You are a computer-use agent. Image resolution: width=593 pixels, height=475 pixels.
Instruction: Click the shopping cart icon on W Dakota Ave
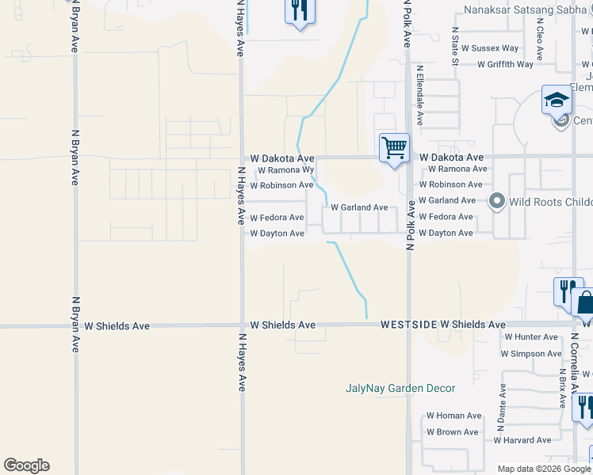394,148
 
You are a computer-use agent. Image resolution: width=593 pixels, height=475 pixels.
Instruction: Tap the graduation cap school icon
557,100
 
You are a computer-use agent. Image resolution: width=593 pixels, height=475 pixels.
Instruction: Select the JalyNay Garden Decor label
400,388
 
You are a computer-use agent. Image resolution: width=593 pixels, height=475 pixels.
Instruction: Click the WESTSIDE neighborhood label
408,325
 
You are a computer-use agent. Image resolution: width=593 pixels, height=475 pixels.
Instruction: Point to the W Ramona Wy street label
286,170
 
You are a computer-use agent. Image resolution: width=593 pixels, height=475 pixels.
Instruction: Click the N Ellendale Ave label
420,96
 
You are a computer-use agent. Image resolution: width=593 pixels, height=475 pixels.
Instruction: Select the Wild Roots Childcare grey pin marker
497,201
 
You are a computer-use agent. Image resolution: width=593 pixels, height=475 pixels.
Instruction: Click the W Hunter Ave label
531,337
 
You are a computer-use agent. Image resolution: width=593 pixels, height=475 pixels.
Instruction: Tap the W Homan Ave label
453,416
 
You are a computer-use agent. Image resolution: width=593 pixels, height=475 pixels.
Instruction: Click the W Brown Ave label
453,432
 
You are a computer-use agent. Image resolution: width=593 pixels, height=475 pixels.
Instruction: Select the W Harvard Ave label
522,440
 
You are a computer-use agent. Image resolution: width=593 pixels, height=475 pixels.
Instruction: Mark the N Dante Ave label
502,402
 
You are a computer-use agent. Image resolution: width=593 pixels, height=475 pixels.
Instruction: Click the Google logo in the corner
26,465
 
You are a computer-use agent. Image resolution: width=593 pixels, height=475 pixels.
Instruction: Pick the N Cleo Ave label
540,43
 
